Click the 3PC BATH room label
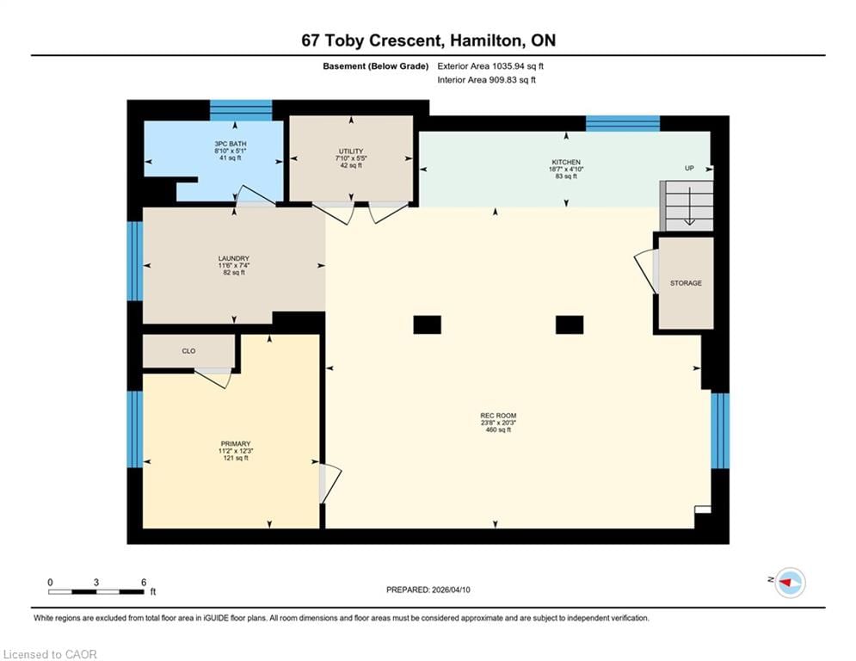(x=228, y=144)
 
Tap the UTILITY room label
(x=350, y=151)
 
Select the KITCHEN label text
(x=566, y=162)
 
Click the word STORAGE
(x=686, y=283)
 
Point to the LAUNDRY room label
(x=233, y=258)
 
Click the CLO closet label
(x=189, y=351)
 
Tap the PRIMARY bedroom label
(x=234, y=444)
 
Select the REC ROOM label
(x=497, y=416)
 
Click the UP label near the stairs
(x=689, y=168)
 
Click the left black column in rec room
(x=427, y=324)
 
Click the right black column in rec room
(x=569, y=324)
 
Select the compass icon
(x=789, y=584)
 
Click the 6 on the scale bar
(x=143, y=582)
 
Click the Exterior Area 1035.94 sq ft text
(x=490, y=66)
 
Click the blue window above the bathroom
(x=241, y=110)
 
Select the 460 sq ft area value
(x=497, y=429)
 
